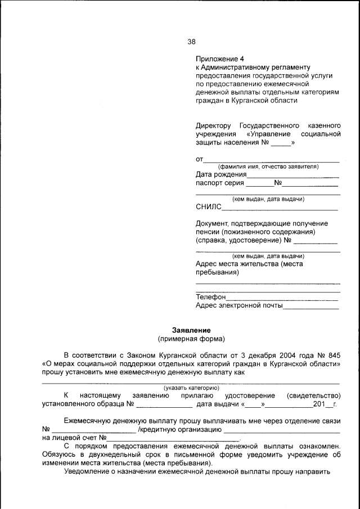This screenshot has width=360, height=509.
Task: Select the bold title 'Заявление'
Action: [x=191, y=330]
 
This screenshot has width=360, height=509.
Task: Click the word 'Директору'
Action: [x=213, y=125]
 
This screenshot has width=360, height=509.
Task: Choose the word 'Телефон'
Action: [x=210, y=297]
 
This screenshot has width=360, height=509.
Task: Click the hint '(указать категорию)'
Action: [x=191, y=388]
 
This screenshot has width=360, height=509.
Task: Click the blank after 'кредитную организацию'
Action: [x=281, y=430]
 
